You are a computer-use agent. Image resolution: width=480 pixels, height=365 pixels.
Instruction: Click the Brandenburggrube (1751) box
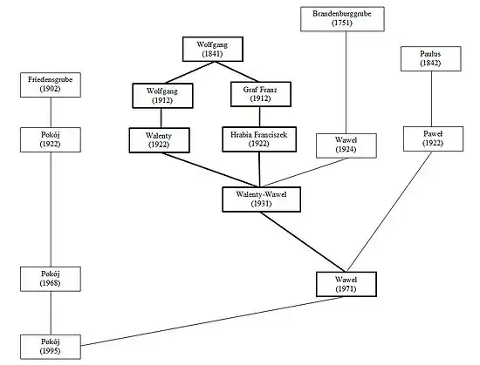342,19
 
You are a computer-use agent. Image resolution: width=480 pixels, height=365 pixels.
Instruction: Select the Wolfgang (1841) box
213,49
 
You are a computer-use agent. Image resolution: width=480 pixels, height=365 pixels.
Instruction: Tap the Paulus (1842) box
431,58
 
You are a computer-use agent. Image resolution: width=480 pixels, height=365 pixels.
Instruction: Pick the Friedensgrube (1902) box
51,84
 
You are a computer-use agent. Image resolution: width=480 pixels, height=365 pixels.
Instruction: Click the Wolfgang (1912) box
162,96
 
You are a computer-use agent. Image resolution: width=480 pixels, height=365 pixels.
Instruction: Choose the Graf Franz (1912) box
261,94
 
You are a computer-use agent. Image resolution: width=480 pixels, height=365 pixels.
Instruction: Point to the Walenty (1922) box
159,140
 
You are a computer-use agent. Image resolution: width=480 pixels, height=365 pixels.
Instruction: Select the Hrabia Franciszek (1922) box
259,139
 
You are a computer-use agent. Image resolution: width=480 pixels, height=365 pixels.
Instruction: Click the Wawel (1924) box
346,145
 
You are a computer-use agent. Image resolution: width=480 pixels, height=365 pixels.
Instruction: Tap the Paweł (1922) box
433,139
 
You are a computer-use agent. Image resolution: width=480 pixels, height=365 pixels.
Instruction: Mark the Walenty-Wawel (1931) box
262,199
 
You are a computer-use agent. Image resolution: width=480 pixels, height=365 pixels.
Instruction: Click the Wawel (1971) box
346,284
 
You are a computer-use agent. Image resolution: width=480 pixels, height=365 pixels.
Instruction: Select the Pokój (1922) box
51,139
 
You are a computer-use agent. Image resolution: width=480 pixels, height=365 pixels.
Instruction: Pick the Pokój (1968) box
51,279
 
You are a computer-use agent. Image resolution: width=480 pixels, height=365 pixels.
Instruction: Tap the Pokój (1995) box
51,347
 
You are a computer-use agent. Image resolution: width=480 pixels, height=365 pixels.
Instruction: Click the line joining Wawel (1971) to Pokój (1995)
211,321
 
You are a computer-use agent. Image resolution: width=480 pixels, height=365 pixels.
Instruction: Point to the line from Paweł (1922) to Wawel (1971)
389,212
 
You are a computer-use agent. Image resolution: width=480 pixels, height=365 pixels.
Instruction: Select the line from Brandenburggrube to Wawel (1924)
346,82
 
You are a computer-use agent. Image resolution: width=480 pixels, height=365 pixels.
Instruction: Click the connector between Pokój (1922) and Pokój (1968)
51,210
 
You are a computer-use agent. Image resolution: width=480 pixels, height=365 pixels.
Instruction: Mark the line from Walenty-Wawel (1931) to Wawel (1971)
304,242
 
